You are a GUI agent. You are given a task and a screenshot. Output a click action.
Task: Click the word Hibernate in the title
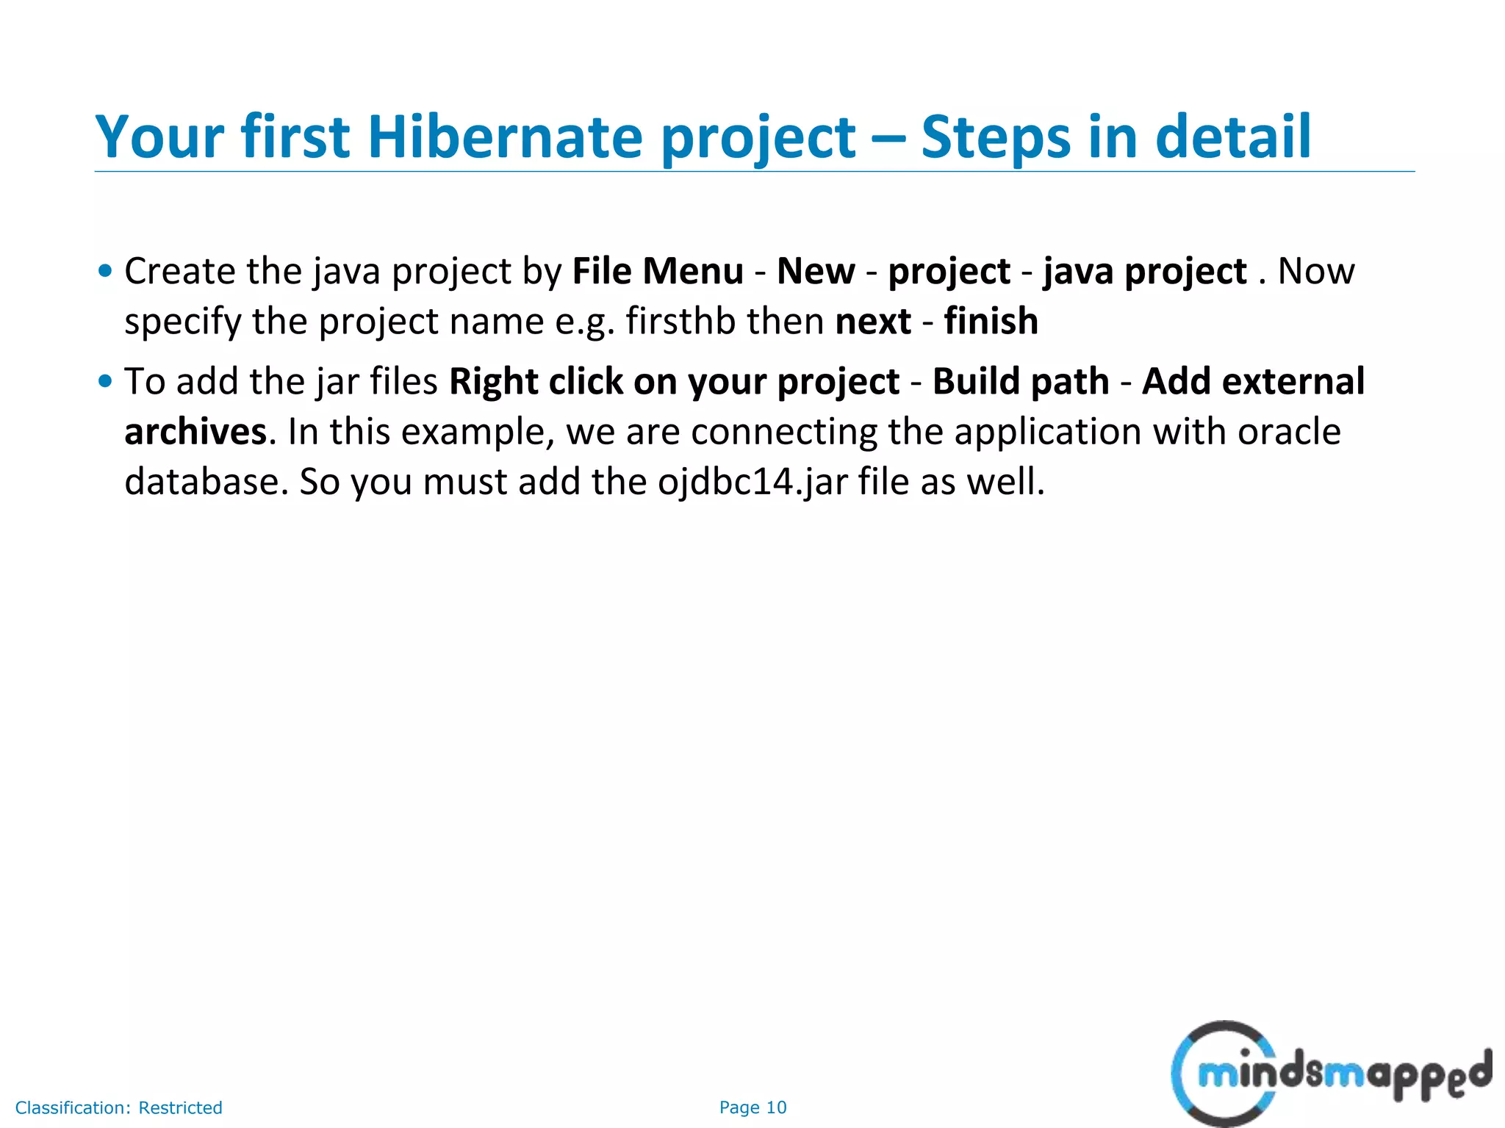tap(504, 137)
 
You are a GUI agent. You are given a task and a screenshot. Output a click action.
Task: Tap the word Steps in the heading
tap(995, 137)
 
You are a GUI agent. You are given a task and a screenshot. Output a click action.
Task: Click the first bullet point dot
tap(105, 271)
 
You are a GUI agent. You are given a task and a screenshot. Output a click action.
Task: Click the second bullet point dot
tap(105, 381)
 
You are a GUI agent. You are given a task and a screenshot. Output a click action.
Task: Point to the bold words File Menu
tap(658, 271)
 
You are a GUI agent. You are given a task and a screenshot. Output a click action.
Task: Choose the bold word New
tap(816, 271)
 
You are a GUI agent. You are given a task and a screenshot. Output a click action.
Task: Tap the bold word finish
tap(991, 321)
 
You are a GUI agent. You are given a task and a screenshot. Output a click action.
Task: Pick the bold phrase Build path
tap(1021, 382)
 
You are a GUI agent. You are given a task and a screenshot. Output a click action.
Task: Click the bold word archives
tap(195, 431)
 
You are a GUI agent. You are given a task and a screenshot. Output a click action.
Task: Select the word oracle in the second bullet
tap(1289, 431)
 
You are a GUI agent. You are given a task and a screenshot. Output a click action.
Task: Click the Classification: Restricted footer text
tap(118, 1107)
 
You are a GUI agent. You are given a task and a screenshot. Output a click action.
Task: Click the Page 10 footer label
tap(752, 1107)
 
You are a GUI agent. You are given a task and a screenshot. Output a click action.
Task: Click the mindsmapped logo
tap(1330, 1074)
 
